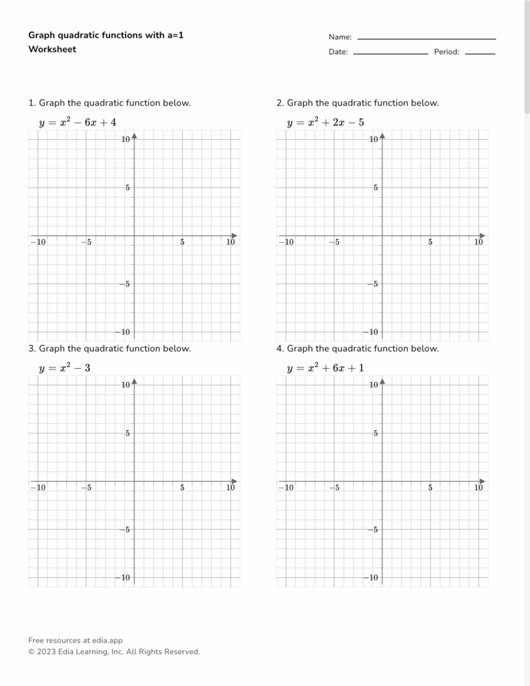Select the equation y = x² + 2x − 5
325,123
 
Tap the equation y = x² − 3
64,368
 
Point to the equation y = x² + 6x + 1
325,368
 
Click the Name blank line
426,38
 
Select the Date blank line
390,53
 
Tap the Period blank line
480,53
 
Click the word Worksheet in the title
52,49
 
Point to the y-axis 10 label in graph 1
126,140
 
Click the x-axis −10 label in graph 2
284,242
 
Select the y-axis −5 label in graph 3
124,529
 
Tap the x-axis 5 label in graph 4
430,487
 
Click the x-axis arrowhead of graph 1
234,235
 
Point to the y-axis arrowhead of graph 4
382,381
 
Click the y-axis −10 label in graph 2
371,332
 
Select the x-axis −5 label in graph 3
85,487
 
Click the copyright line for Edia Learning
114,652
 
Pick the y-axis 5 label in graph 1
127,188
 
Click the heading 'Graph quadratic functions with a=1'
106,34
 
